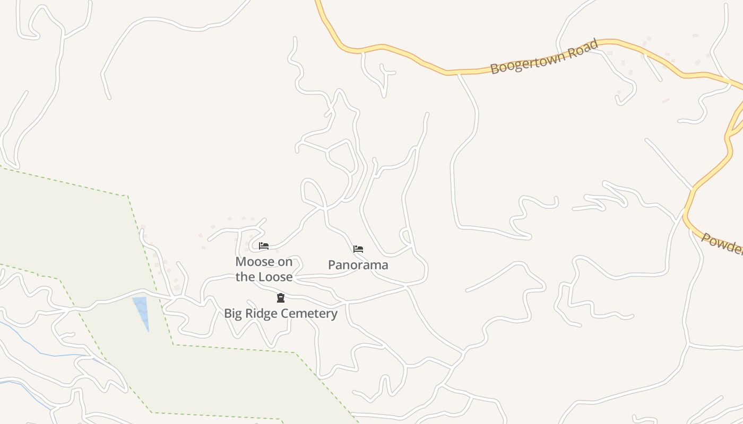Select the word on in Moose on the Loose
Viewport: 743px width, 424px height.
point(286,262)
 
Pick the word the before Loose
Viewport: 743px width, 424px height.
point(245,277)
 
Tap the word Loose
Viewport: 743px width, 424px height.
point(275,277)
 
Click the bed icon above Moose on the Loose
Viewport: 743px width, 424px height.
point(264,246)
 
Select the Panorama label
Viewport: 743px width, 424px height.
point(358,265)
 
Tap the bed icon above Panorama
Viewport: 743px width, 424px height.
point(358,249)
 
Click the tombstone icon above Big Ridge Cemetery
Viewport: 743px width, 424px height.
point(281,298)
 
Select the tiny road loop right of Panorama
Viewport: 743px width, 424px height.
point(405,236)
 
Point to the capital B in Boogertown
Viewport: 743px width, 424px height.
point(495,68)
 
